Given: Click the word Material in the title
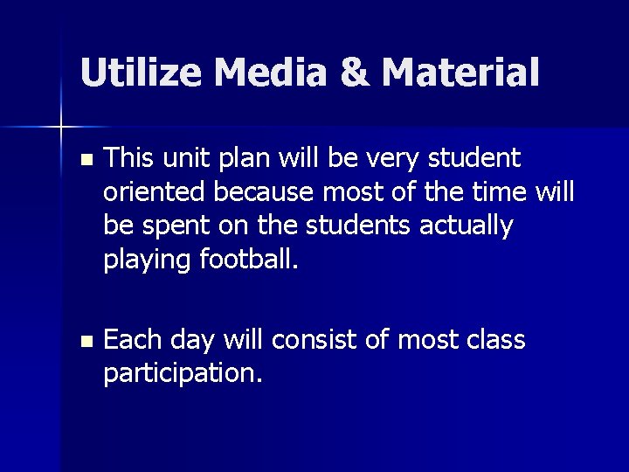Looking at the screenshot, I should (461, 73).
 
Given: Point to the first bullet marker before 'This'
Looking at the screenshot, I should (84, 161).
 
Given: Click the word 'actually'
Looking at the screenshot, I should (467, 225).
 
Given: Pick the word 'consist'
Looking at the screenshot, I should (321, 340).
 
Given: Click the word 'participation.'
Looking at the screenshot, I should (183, 373).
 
